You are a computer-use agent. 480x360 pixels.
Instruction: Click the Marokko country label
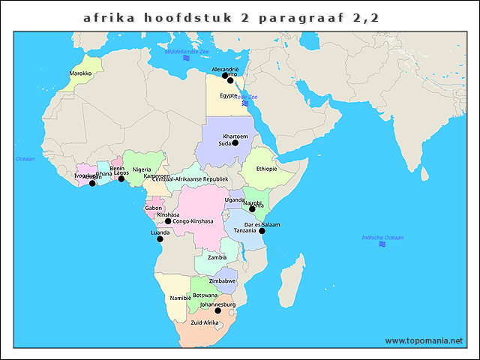click(x=80, y=73)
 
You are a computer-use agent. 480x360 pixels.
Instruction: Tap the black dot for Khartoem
click(x=235, y=142)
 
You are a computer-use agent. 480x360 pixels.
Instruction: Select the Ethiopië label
click(x=266, y=169)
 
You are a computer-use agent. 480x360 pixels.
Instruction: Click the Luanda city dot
click(x=160, y=239)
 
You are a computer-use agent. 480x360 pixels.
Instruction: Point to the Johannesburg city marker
click(x=217, y=310)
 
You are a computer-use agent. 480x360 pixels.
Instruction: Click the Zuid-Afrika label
click(x=204, y=322)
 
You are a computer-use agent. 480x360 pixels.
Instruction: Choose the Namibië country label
click(x=181, y=298)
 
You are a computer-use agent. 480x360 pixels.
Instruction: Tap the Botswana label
click(x=205, y=295)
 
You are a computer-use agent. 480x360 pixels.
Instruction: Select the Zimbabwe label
click(x=222, y=280)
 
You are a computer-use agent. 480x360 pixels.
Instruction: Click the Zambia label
click(x=217, y=257)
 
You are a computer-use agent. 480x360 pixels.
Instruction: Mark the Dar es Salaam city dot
click(x=262, y=231)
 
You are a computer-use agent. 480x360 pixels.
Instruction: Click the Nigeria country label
click(x=142, y=169)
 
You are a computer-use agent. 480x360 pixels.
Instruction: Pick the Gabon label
click(x=153, y=208)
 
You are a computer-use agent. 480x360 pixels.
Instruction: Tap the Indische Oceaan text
click(x=382, y=238)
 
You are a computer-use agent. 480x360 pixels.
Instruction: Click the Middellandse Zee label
click(x=187, y=52)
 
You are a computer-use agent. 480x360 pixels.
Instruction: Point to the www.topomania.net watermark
click(x=424, y=340)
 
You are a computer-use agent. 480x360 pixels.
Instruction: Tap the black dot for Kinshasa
click(x=168, y=222)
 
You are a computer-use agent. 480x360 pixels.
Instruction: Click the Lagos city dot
click(x=121, y=179)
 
